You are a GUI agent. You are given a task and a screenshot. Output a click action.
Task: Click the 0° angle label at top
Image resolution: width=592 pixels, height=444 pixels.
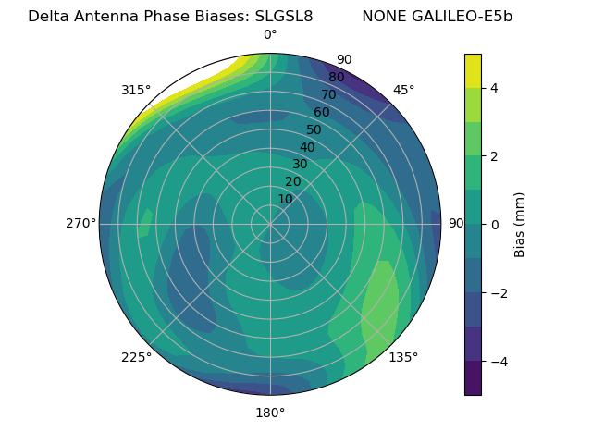(x=270, y=35)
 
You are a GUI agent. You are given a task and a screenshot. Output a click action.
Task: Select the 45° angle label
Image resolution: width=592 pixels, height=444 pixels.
(x=403, y=90)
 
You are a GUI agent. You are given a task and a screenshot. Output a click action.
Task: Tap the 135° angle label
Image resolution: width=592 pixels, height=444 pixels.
(x=403, y=357)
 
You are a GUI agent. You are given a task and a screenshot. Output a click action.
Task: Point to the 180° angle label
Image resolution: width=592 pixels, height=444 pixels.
(x=270, y=413)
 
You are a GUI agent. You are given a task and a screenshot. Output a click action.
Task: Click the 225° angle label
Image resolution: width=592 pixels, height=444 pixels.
(x=136, y=357)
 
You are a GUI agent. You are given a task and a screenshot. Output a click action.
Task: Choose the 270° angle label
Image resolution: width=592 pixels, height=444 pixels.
(x=80, y=223)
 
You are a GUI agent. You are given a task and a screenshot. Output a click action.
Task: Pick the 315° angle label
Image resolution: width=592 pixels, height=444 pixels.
(x=136, y=90)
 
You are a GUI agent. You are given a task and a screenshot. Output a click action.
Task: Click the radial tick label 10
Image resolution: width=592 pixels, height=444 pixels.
(x=285, y=199)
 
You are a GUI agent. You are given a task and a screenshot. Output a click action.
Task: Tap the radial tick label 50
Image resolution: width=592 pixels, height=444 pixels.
(x=314, y=129)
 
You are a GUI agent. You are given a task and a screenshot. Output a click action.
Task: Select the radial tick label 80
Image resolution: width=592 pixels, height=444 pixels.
(x=336, y=77)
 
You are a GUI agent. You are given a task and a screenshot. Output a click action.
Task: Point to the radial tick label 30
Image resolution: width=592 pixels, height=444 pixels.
(x=300, y=164)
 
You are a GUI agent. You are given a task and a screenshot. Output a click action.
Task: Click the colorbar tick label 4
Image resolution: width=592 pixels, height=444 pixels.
(x=495, y=88)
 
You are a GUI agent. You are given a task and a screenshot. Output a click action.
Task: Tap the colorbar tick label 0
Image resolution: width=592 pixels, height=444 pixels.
(x=495, y=224)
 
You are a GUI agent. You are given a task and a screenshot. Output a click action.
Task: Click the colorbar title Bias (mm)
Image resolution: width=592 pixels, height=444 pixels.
(x=520, y=224)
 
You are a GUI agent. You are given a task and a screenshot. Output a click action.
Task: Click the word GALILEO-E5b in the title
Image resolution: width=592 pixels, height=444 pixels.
(x=467, y=17)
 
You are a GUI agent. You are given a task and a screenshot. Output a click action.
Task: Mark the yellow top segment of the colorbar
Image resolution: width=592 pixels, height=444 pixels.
(x=473, y=70)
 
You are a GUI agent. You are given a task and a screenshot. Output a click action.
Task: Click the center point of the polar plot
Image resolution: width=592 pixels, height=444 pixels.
(x=270, y=224)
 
